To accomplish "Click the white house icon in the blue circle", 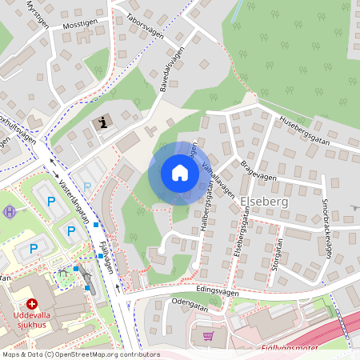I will [x=179, y=173].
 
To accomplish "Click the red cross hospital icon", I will [x=32, y=305].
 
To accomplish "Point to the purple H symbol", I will [x=10, y=212].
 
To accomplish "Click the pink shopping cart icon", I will [x=209, y=337].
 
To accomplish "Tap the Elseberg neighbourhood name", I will [x=264, y=203].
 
